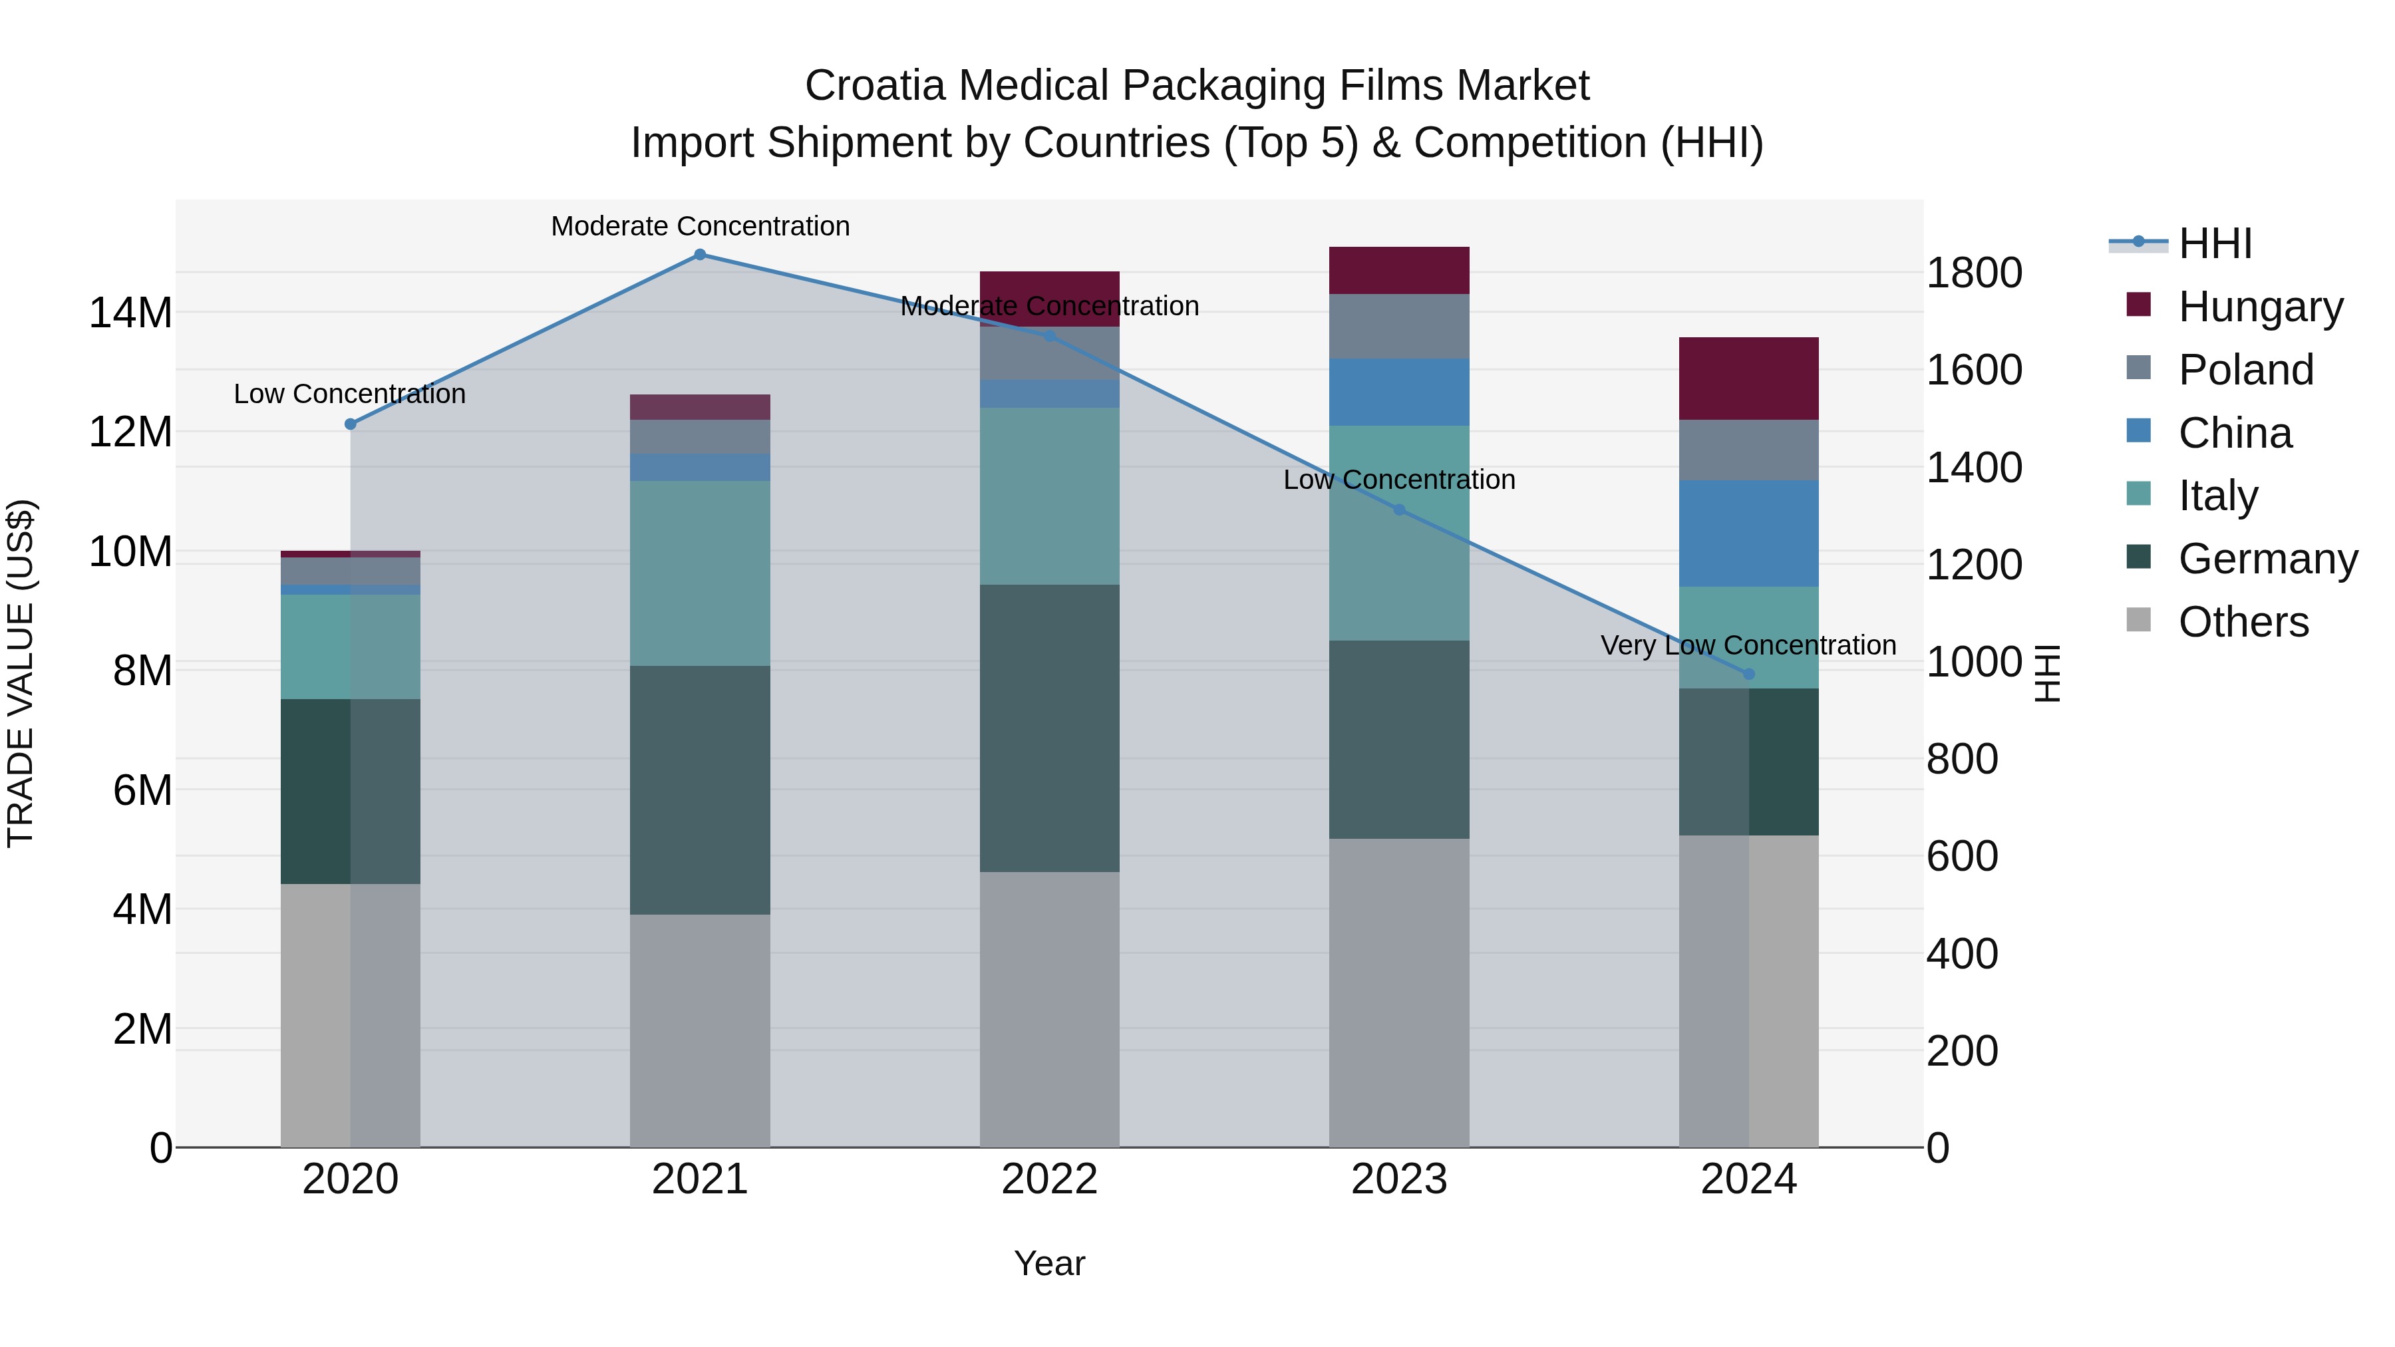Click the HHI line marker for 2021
click(700, 255)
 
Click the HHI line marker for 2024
click(1749, 674)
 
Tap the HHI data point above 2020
click(351, 424)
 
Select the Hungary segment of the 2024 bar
click(1749, 378)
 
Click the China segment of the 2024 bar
click(1749, 533)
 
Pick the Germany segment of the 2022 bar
click(1050, 728)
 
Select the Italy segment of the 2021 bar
click(700, 573)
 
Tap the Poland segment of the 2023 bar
click(1399, 327)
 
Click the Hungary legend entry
click(2260, 307)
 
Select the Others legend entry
click(2243, 622)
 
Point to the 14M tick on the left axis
click(130, 313)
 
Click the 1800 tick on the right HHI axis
click(1974, 273)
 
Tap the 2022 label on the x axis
click(1050, 1179)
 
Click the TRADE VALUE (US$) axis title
click(21, 673)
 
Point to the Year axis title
click(1050, 1263)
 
